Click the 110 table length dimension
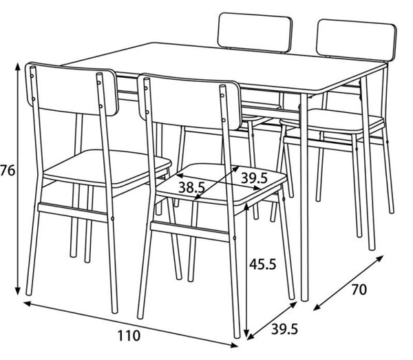(x=129, y=336)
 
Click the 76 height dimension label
(x=8, y=171)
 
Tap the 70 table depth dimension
(x=359, y=290)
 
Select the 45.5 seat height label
(x=263, y=264)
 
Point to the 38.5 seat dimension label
(x=192, y=187)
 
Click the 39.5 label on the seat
(x=255, y=178)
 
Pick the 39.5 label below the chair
(x=284, y=329)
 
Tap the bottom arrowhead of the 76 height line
(x=18, y=291)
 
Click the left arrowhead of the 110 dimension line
(x=27, y=304)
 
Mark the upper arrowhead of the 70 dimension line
(x=379, y=258)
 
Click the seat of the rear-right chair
(x=332, y=122)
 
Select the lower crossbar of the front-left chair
(x=73, y=212)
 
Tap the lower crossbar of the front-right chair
(x=190, y=232)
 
